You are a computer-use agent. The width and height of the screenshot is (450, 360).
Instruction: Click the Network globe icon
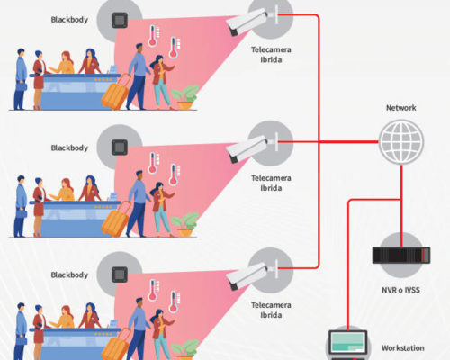(401, 142)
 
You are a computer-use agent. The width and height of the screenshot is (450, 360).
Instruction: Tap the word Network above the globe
(401, 108)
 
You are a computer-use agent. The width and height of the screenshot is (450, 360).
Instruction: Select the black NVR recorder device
(401, 255)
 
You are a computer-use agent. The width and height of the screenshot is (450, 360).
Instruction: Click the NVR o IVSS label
(400, 290)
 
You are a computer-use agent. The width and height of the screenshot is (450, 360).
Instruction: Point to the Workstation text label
(403, 348)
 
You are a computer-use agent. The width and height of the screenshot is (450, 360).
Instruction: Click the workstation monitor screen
(348, 342)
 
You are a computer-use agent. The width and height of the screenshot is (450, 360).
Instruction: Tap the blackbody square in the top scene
(120, 20)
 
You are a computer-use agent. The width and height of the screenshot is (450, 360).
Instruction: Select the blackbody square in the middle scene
(120, 148)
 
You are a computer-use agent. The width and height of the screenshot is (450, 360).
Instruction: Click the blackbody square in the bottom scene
(120, 274)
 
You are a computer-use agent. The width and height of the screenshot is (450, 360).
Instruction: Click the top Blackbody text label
(69, 20)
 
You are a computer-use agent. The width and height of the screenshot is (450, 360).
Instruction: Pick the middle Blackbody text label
(69, 148)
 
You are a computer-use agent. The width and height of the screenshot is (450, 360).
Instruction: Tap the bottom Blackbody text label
(69, 274)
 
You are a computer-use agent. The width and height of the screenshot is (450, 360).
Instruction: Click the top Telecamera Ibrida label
(271, 55)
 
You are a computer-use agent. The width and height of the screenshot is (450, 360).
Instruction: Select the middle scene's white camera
(247, 148)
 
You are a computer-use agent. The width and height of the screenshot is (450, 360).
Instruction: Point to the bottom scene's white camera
(247, 275)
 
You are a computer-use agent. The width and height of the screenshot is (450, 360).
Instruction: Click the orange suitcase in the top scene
(116, 92)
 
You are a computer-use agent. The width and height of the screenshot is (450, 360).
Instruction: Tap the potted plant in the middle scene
(185, 224)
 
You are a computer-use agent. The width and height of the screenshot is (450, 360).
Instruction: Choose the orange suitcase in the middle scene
(116, 220)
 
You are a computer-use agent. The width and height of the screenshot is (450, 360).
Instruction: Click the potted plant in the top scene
(185, 97)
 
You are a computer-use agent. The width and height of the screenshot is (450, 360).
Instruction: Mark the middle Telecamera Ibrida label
(271, 183)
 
